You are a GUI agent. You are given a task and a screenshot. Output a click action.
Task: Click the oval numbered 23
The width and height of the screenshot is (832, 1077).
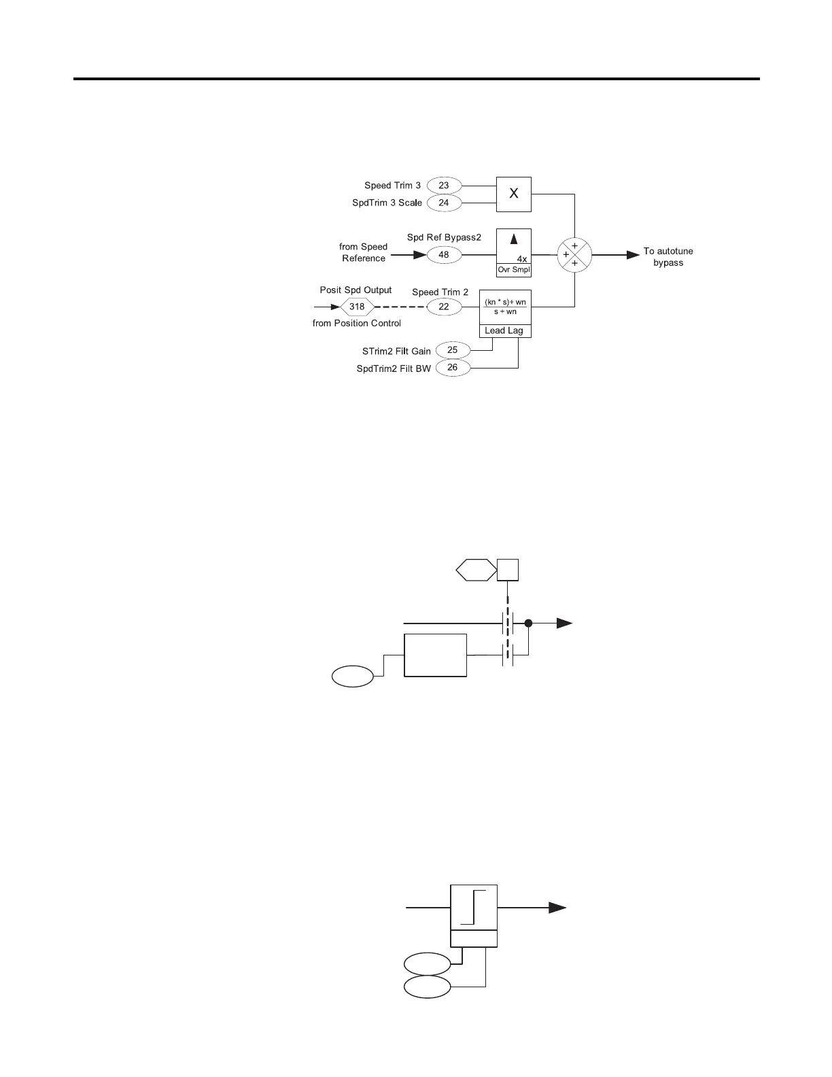[x=444, y=186]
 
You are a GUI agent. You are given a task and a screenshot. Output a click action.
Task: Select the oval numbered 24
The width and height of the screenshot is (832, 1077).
[x=444, y=203]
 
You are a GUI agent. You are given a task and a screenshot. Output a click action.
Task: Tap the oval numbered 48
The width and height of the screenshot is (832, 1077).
[x=444, y=255]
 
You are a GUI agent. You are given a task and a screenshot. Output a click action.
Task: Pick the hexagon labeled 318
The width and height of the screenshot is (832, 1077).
[x=357, y=307]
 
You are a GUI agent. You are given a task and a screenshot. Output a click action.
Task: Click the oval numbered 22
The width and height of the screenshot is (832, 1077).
[x=444, y=307]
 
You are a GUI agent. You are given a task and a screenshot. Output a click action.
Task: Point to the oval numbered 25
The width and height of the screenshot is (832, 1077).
[x=453, y=350]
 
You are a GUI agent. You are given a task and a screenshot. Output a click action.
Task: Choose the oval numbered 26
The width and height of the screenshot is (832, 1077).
[x=453, y=368]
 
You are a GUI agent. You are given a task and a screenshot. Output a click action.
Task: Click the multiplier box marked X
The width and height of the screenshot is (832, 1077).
[x=514, y=194]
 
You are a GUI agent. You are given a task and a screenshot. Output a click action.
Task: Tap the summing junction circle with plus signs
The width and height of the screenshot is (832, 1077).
[x=574, y=255]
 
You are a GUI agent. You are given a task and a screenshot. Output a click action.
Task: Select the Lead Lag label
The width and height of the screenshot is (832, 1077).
[x=504, y=330]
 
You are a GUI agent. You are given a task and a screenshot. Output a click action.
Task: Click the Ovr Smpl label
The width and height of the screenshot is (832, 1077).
[x=514, y=270]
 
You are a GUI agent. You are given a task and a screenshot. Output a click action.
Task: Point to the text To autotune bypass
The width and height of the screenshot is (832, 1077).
[x=668, y=257]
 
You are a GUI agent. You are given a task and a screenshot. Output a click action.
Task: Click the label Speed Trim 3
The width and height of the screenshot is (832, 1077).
[x=392, y=186]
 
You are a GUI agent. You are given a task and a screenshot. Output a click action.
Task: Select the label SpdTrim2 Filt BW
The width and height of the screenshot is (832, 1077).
[x=394, y=369]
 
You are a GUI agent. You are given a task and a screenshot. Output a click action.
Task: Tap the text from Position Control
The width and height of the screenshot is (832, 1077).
[x=357, y=324]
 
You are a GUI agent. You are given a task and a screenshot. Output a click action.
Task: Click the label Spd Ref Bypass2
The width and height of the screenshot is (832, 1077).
[x=444, y=237]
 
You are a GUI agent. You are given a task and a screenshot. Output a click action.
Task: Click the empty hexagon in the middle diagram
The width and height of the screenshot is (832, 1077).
[x=476, y=570]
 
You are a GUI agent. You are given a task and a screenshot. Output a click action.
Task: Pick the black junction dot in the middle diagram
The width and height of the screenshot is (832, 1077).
[x=528, y=623]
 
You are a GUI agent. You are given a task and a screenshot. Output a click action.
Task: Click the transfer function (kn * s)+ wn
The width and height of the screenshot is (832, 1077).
[x=505, y=302]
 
